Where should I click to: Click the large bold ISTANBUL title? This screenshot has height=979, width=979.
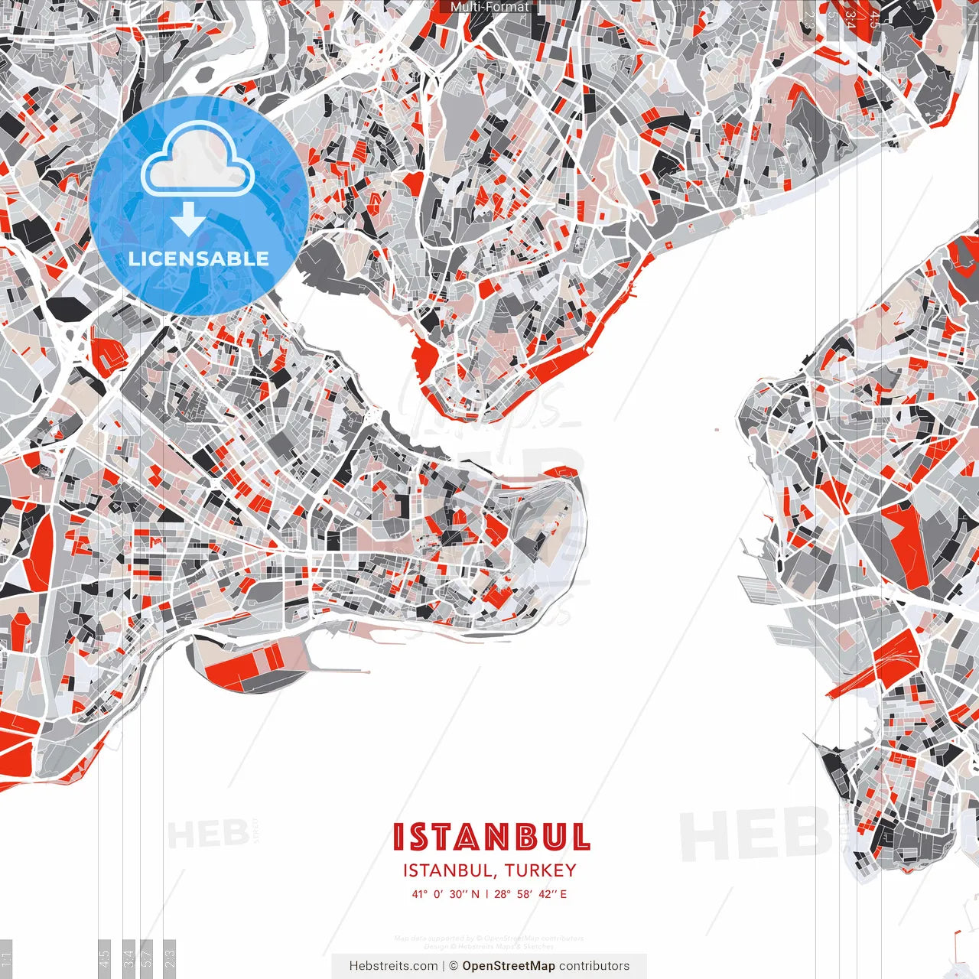(491, 837)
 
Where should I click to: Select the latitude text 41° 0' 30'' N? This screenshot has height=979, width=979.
(445, 894)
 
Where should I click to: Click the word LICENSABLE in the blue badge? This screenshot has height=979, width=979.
(199, 259)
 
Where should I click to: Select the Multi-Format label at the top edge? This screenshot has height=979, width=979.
(489, 7)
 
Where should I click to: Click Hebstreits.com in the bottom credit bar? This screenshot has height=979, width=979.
(393, 966)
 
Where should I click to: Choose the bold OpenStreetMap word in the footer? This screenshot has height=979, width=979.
(508, 966)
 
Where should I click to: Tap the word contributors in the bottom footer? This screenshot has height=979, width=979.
(594, 966)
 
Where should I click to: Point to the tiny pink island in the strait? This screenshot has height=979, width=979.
(717, 429)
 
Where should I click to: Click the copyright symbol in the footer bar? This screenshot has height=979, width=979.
(454, 966)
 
